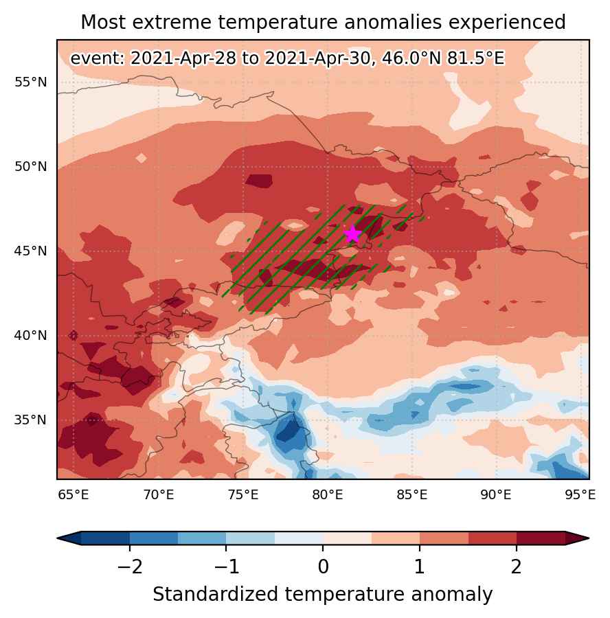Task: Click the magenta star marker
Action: point(352,233)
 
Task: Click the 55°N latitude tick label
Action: point(30,82)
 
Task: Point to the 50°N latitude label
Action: point(30,167)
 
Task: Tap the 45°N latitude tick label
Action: point(30,251)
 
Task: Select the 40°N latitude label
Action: point(30,336)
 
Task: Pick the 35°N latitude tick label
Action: point(30,420)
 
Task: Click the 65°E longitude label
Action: point(74,494)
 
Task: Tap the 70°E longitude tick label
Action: point(159,494)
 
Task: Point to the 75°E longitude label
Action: point(243,494)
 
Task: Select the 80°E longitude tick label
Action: point(327,494)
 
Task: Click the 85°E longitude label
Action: point(411,494)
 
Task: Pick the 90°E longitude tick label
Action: point(496,494)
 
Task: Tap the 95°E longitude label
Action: point(580,494)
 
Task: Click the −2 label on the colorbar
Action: point(129,566)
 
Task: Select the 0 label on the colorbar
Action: point(323,566)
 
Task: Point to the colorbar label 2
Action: point(516,566)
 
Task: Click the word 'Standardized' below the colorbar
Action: point(216,595)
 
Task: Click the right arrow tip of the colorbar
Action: point(589,538)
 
